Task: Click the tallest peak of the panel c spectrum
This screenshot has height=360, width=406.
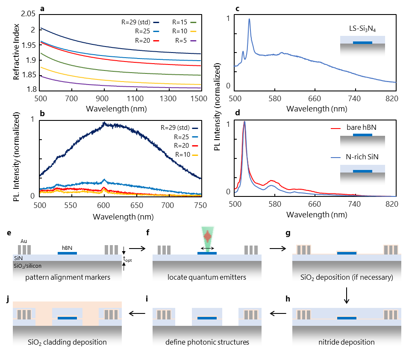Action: coord(249,20)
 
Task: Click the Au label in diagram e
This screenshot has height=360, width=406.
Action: coord(24,241)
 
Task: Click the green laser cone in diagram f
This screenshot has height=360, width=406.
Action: coord(207,237)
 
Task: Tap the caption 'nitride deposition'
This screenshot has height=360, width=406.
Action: coord(347,342)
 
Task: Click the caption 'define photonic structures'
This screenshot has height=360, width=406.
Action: coord(207,342)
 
